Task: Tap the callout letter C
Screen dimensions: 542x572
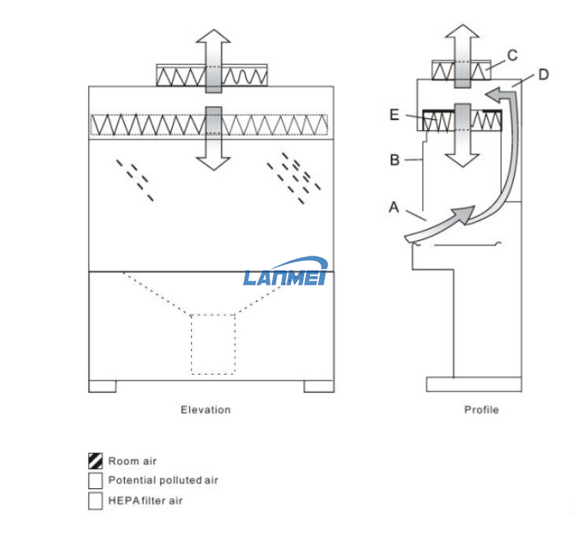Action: (512, 56)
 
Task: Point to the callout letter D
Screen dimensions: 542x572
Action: (543, 75)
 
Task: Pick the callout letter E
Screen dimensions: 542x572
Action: (395, 116)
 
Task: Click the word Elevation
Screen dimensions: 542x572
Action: (206, 410)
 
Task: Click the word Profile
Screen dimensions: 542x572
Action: (481, 410)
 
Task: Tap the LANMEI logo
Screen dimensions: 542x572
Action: (286, 272)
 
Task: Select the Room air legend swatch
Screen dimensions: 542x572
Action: (96, 461)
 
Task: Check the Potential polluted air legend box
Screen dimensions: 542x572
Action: (96, 481)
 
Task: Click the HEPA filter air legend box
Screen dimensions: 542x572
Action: (96, 501)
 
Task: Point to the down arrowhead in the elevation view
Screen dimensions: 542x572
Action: (214, 159)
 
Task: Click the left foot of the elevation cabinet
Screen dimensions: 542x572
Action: (102, 386)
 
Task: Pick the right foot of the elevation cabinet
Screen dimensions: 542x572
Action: (318, 386)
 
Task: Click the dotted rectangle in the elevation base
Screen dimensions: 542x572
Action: (212, 343)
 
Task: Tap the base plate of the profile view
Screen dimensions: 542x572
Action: (473, 384)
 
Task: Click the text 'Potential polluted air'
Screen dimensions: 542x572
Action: (163, 481)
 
